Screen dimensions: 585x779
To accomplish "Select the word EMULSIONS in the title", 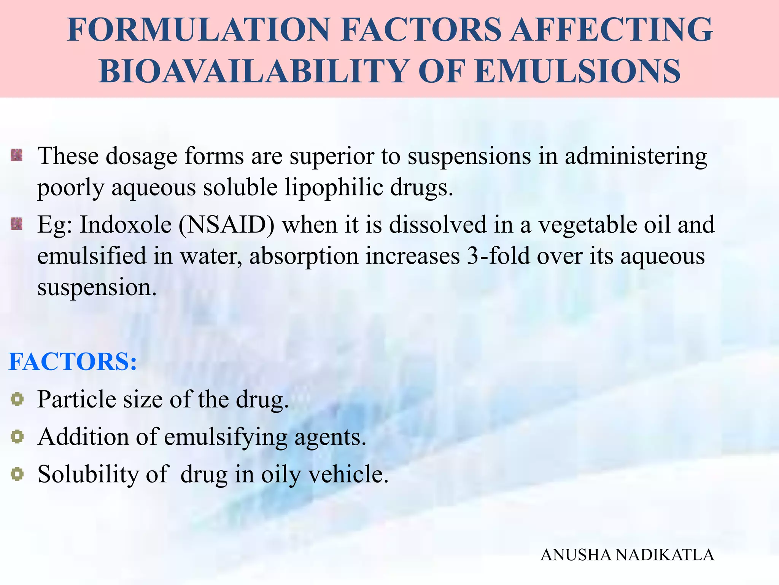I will pyautogui.click(x=578, y=71).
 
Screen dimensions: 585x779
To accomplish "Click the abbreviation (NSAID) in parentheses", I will pyautogui.click(x=226, y=224).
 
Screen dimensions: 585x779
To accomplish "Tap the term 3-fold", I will pyautogui.click(x=498, y=256).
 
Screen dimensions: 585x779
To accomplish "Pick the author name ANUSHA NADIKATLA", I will pyautogui.click(x=627, y=555).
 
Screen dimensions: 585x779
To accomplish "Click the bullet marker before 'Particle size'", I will pyautogui.click(x=17, y=399).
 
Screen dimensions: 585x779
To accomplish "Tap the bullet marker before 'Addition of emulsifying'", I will pyautogui.click(x=17, y=436).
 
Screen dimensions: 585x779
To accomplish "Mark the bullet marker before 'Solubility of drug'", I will pyautogui.click(x=17, y=474).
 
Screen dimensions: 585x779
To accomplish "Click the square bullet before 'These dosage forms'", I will pyautogui.click(x=17, y=155).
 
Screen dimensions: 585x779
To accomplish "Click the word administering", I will pyautogui.click(x=636, y=156).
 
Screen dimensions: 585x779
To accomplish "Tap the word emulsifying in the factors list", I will pyautogui.click(x=226, y=437).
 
